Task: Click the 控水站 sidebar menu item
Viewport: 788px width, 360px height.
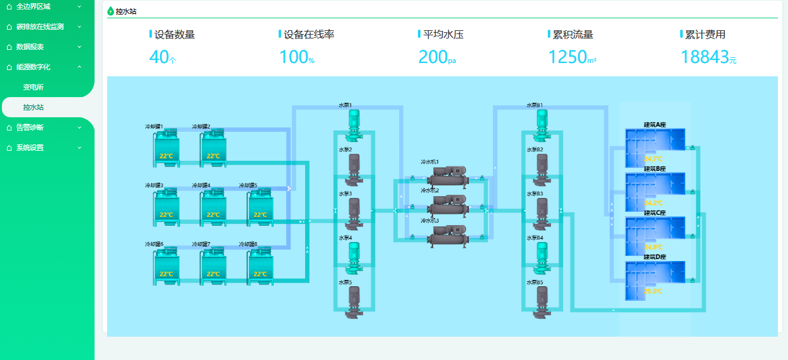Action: point(33,107)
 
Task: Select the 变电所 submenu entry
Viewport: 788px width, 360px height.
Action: point(33,87)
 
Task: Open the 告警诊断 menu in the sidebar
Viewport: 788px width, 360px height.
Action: point(30,127)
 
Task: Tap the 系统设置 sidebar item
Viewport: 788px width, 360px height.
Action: point(30,148)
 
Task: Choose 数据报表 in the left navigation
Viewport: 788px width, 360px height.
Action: point(30,47)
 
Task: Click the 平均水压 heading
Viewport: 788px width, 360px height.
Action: point(443,35)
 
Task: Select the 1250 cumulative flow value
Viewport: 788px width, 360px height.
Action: point(567,57)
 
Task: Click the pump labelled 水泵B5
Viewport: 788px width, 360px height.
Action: point(542,301)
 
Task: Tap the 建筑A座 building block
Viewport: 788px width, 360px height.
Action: point(654,140)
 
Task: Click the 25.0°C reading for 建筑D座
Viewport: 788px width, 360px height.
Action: point(653,291)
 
